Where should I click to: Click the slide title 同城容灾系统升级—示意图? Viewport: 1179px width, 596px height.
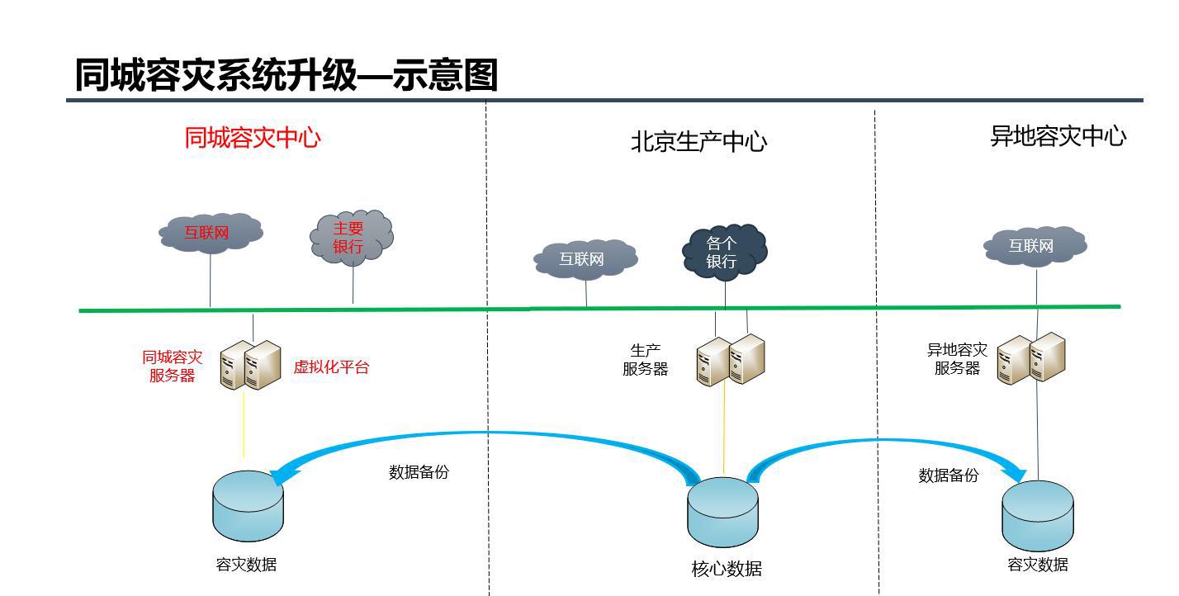[x=286, y=75]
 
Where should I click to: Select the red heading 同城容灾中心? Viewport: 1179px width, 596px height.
[x=252, y=137]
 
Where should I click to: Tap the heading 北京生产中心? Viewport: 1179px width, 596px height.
[x=698, y=142]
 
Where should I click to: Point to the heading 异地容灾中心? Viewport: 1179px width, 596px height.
[x=1058, y=136]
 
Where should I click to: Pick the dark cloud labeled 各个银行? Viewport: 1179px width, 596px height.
[x=723, y=252]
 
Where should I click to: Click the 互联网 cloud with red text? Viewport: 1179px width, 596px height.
[x=210, y=233]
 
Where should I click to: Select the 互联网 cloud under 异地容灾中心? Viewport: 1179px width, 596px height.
[x=1034, y=246]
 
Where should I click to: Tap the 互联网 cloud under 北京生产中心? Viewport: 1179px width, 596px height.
[x=585, y=259]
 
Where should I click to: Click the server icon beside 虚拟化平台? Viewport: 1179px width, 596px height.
[x=251, y=364]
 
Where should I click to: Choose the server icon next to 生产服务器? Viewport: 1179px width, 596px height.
[x=730, y=360]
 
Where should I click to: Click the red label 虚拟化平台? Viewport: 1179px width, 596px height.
[x=331, y=367]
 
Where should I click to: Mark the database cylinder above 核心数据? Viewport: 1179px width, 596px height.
[x=722, y=513]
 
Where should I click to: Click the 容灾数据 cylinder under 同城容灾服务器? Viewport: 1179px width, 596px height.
[x=248, y=506]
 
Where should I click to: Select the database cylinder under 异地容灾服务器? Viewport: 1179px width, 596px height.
[x=1038, y=515]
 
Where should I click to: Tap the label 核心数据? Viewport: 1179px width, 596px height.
[x=727, y=569]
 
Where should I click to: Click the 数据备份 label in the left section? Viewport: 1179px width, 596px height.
[x=419, y=472]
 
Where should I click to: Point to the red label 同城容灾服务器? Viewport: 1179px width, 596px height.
[x=172, y=367]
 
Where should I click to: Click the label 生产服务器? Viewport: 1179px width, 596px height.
[x=645, y=360]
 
